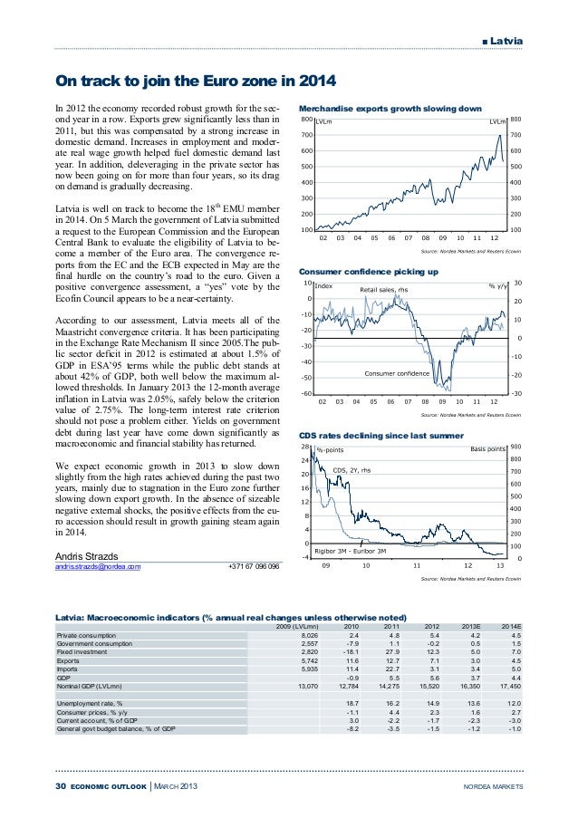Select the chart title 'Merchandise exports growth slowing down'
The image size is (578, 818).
(x=390, y=109)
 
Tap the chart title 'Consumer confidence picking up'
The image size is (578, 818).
(x=368, y=272)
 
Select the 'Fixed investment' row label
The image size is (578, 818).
(x=82, y=650)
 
